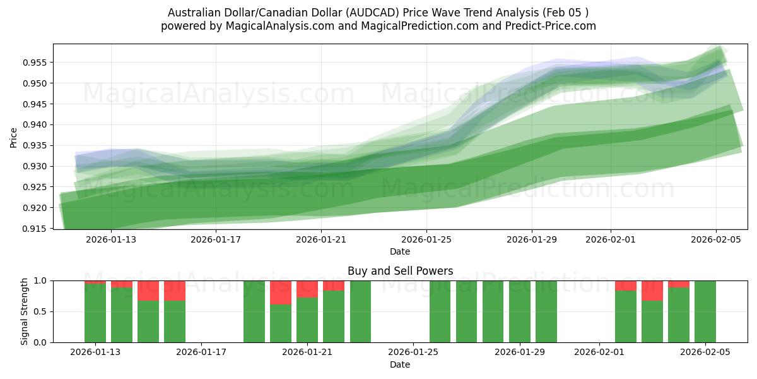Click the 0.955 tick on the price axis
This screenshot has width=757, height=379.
[37, 63]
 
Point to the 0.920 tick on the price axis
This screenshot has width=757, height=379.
[37, 208]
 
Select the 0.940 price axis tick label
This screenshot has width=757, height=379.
[37, 124]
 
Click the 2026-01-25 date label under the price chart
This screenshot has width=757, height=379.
[426, 239]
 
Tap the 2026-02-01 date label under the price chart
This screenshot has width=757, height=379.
[610, 239]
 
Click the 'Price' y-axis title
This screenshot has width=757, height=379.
[14, 136]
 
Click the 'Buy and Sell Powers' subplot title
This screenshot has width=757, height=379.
[400, 271]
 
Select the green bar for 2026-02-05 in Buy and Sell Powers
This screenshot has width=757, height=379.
[705, 311]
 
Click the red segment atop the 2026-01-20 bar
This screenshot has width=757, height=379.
[281, 292]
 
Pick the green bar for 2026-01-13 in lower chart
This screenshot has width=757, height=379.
[95, 313]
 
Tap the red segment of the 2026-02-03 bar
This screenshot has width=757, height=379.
[652, 291]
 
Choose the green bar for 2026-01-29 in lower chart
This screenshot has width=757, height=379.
[520, 311]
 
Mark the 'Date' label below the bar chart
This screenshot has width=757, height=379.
[400, 364]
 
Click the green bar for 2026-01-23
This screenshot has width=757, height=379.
[360, 311]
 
